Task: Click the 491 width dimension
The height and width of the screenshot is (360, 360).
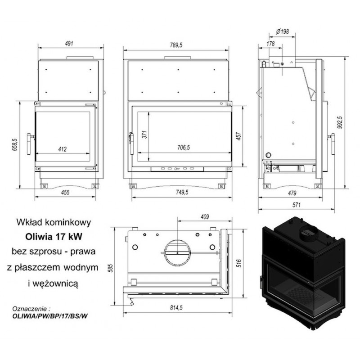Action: pyautogui.click(x=69, y=43)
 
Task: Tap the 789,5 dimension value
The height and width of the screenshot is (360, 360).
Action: pyautogui.click(x=176, y=45)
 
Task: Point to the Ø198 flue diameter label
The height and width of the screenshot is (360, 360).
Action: pyautogui.click(x=283, y=31)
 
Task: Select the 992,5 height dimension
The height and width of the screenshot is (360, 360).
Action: pyautogui.click(x=340, y=122)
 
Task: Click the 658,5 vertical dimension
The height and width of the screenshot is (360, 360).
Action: pyautogui.click(x=15, y=144)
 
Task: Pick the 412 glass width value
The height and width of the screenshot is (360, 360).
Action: pyautogui.click(x=63, y=149)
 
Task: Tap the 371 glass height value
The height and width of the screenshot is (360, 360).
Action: pyautogui.click(x=144, y=134)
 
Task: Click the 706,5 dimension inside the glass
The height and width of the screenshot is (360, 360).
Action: pyautogui.click(x=184, y=148)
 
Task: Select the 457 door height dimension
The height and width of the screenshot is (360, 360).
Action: pyautogui.click(x=239, y=136)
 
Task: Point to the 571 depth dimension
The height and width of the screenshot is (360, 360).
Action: pyautogui.click(x=297, y=205)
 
